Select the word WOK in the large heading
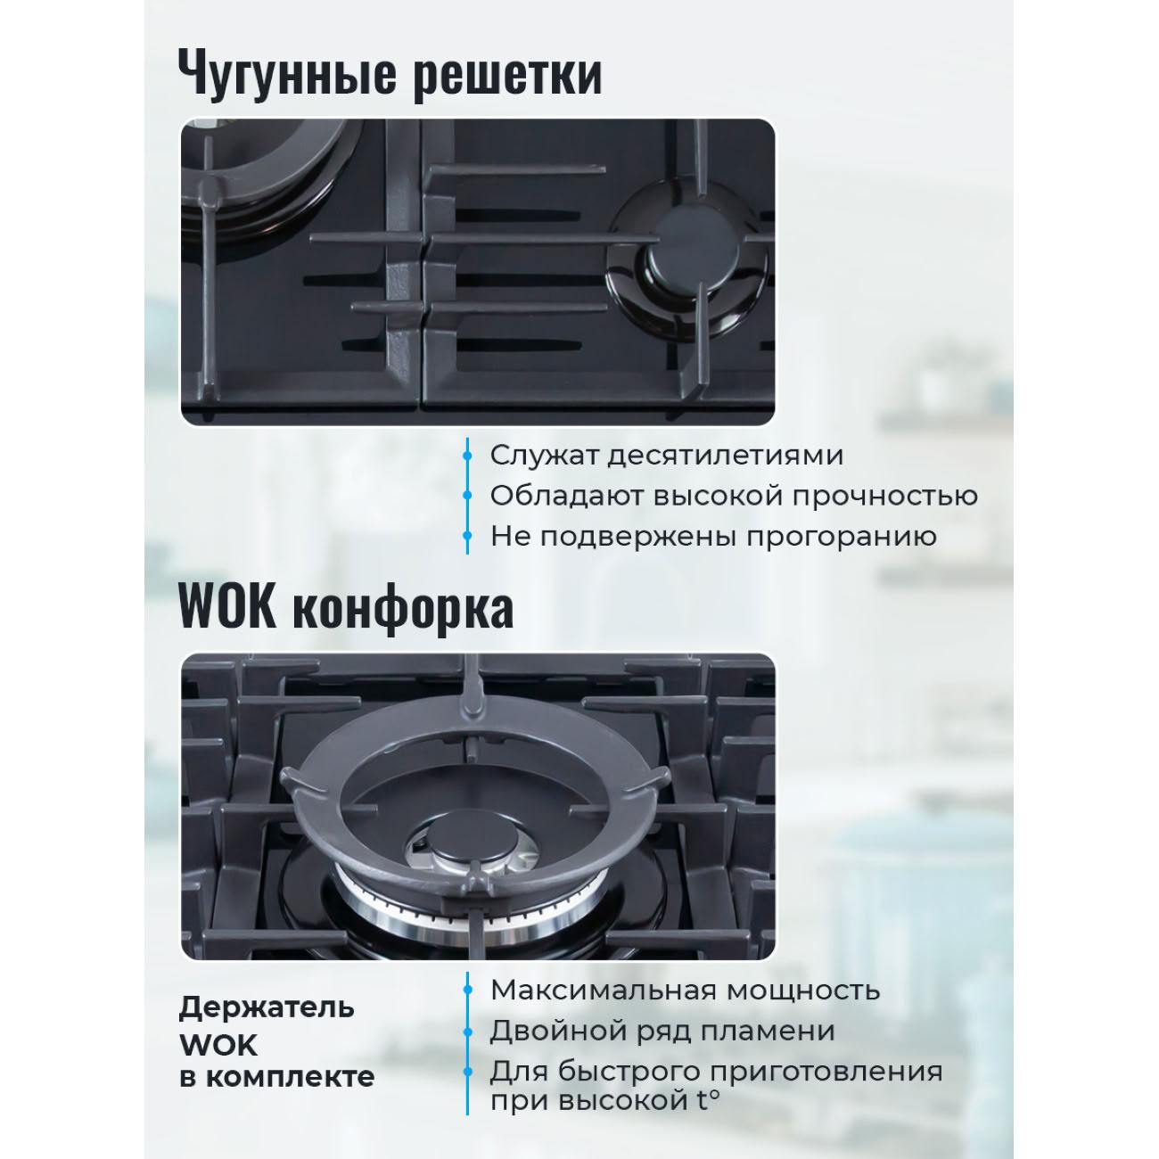click(228, 607)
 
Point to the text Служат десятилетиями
click(666, 456)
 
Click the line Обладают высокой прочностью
click(734, 497)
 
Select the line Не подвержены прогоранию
click(713, 536)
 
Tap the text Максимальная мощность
click(685, 990)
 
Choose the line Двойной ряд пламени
click(662, 1031)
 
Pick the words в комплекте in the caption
click(276, 1077)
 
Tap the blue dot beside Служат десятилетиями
click(467, 456)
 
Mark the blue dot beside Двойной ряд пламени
click(467, 1032)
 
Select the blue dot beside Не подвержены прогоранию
click(467, 536)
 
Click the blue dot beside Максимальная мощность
click(467, 991)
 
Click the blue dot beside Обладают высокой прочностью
click(467, 496)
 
